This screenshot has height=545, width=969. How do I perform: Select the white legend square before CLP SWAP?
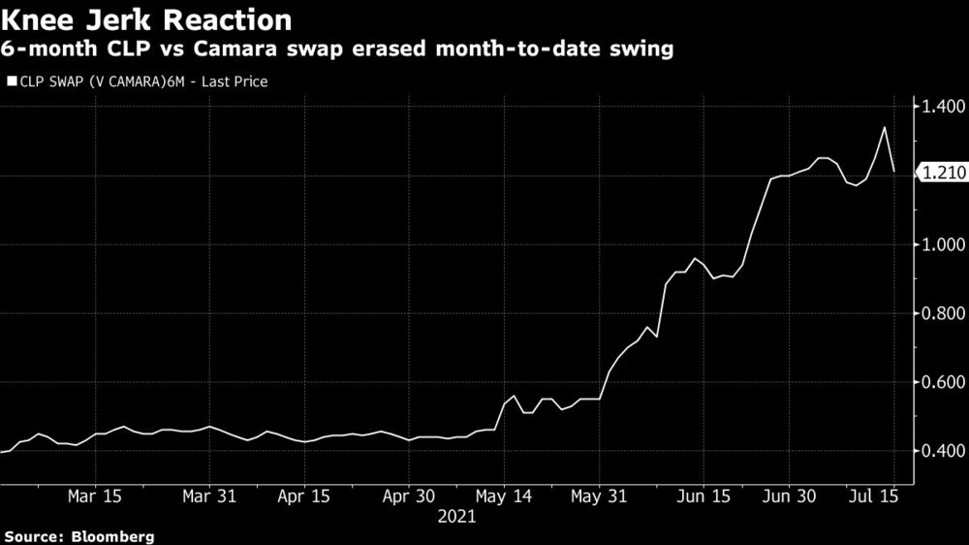click(11, 82)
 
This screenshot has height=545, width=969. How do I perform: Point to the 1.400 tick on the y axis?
click(939, 107)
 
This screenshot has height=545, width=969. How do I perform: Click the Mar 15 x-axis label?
click(95, 496)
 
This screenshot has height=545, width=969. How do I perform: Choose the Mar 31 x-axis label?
click(210, 496)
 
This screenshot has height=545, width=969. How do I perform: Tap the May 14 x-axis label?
click(505, 496)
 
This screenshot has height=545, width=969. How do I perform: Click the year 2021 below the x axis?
click(456, 518)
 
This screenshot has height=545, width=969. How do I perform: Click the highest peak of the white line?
click(884, 127)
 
